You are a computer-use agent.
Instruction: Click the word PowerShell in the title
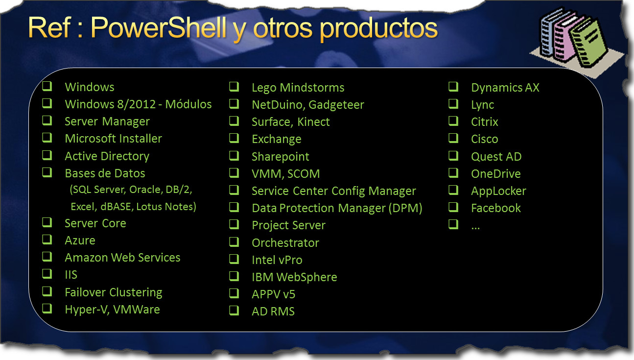159,28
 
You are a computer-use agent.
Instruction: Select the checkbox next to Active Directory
47,155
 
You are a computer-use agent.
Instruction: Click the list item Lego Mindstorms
298,88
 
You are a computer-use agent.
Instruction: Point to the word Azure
80,240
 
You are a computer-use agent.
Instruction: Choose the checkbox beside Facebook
453,207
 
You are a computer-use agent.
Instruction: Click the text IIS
71,275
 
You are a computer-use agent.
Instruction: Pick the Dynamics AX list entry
505,88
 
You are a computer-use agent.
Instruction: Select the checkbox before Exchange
234,138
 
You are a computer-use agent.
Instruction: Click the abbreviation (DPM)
405,208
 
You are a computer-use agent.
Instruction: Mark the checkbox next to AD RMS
234,311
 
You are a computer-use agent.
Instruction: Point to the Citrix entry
484,122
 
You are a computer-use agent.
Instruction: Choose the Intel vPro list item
277,260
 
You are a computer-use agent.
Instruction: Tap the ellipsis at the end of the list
475,227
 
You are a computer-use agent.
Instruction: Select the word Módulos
188,104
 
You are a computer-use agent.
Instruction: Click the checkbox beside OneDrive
453,172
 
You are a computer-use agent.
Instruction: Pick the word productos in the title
379,28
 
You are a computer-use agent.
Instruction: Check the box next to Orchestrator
234,241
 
